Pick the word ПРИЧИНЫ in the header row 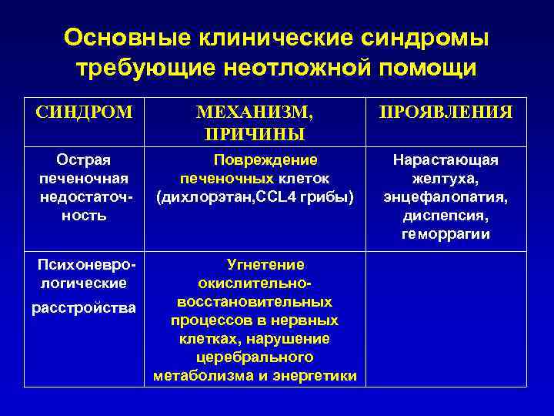point(255,134)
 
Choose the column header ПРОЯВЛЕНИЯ point(446,112)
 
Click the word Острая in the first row point(84,159)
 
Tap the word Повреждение point(265,159)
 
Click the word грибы point(333,197)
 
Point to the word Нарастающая point(446,159)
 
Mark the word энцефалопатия point(446,197)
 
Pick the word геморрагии point(446,234)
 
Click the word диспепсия point(446,216)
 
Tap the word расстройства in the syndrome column point(84,308)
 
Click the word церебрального point(255,357)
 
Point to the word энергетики point(320,376)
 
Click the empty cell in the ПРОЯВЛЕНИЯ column point(446,320)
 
